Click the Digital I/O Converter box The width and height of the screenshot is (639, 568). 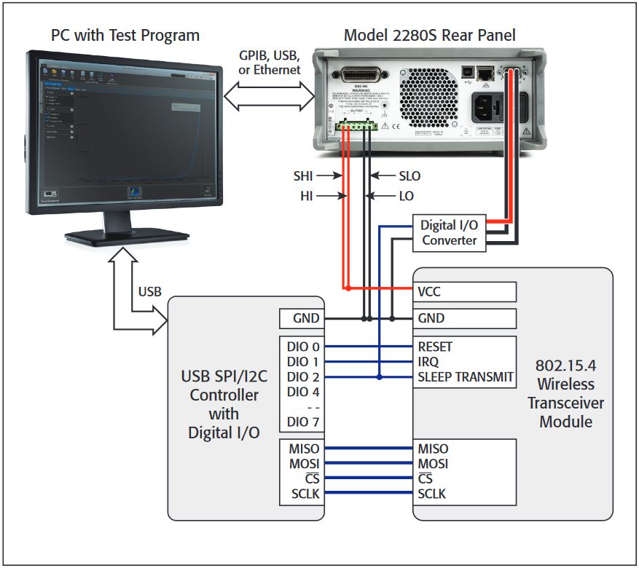coord(449,233)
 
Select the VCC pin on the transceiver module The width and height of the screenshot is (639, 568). coord(429,291)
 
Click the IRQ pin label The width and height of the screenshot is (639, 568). coord(428,362)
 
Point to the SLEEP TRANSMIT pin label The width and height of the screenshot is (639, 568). coord(466,377)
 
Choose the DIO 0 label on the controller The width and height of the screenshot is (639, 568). coord(305,347)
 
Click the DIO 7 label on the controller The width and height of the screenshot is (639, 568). coord(305,422)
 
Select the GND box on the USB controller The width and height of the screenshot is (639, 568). coord(301,318)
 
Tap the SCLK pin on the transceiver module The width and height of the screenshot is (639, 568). coord(433,494)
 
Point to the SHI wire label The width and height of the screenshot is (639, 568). coord(307,176)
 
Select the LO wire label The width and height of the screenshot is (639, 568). coord(406,196)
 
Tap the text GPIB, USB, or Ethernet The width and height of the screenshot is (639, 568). coord(269,63)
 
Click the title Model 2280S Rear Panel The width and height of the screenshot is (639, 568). coord(429,35)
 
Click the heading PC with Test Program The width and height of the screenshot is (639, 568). coord(125,35)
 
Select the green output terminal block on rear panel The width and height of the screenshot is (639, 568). coord(357,125)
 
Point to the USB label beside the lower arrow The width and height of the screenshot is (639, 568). coord(149,291)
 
